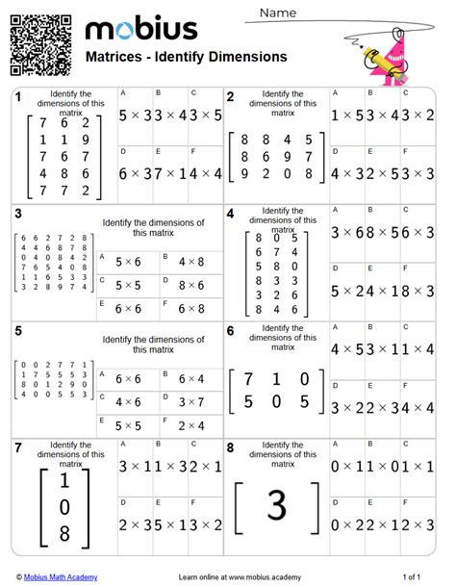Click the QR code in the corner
pos(41,43)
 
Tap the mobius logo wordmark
pos(141,28)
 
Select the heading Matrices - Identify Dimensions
pos(187,57)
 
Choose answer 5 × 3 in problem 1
pos(136,115)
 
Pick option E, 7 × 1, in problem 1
pos(170,173)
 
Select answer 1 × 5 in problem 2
pos(347,115)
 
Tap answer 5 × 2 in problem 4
pos(347,291)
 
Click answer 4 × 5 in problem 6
pos(347,349)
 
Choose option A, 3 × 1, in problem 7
pos(136,467)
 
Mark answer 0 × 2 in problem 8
pos(347,524)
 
